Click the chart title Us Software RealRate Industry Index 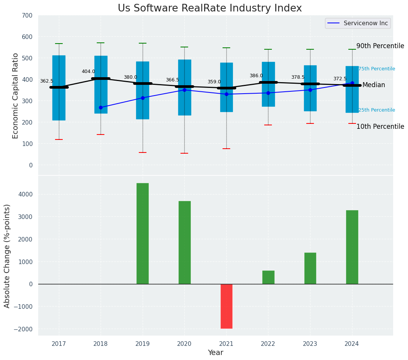[x=210, y=8]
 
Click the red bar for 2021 [x=226, y=306]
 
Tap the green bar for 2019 [x=143, y=234]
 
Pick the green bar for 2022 [x=268, y=277]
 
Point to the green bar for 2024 [x=352, y=247]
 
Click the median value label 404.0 [x=88, y=71]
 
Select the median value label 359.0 [x=214, y=82]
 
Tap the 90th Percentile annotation [x=380, y=46]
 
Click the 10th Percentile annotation [x=380, y=126]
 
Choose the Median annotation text [x=374, y=85]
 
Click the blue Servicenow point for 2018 [x=101, y=107]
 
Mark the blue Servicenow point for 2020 [x=184, y=90]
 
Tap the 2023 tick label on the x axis [x=310, y=344]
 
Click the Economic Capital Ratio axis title [x=16, y=96]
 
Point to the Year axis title [x=215, y=353]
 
